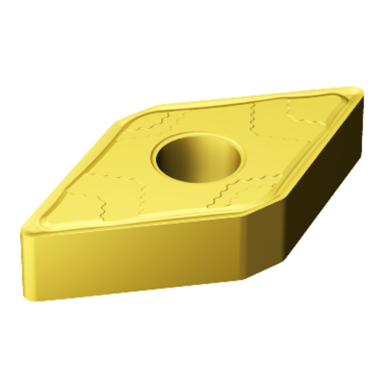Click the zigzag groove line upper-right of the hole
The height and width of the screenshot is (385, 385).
(x=269, y=116)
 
